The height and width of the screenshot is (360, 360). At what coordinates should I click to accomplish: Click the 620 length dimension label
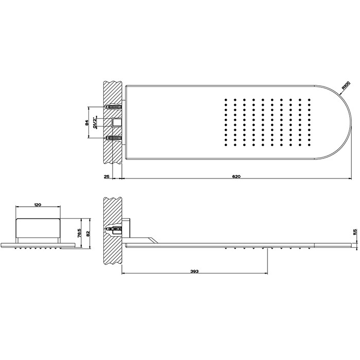click(x=236, y=176)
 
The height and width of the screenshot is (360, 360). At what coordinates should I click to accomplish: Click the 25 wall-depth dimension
click(x=106, y=176)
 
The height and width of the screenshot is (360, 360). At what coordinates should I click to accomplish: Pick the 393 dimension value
click(x=194, y=271)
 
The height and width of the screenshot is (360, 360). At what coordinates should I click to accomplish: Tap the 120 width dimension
click(x=37, y=205)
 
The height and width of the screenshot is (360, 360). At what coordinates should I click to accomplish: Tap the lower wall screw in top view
click(x=114, y=138)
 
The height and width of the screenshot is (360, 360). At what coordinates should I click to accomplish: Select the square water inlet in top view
click(x=117, y=122)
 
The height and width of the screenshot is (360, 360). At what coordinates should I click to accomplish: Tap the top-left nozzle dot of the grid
click(x=226, y=99)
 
